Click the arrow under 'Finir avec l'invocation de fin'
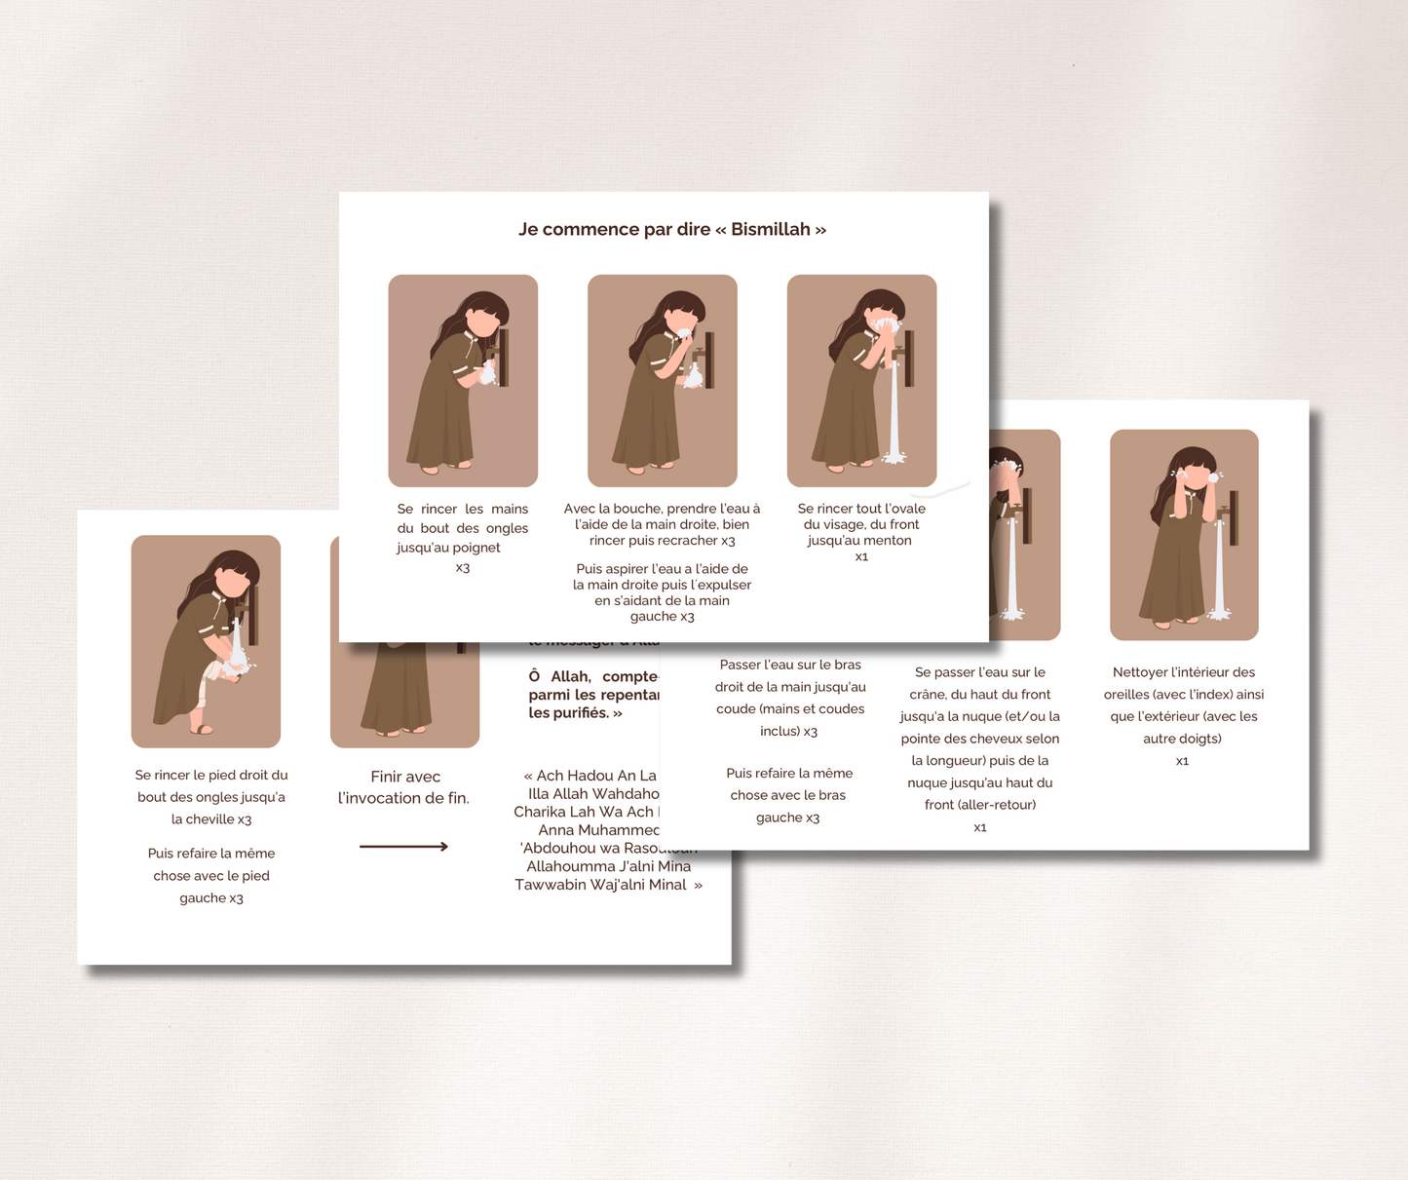(x=403, y=846)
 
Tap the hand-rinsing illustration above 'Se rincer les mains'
(x=463, y=380)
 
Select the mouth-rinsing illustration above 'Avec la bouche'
(x=662, y=380)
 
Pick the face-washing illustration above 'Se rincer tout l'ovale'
(x=861, y=380)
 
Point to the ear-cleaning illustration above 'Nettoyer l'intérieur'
(x=1184, y=534)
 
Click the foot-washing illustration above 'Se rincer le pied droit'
(x=206, y=641)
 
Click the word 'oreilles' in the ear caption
(x=1129, y=695)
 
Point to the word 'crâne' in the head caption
(x=928, y=695)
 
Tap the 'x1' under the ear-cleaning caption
(x=1182, y=761)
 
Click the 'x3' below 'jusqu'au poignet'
(x=463, y=568)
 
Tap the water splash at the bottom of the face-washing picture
(x=894, y=456)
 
